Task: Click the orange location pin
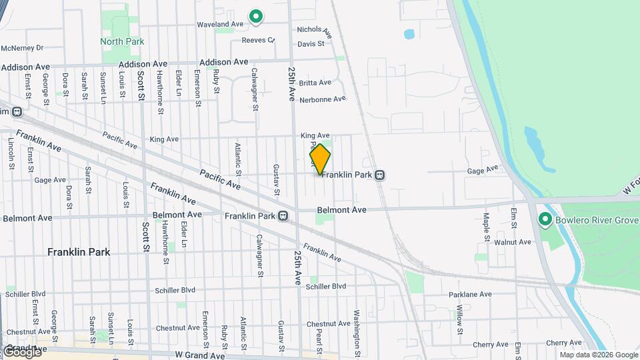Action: coord(320,159)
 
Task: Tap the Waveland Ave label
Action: coord(220,24)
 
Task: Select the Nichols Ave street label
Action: coord(314,30)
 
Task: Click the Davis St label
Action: coord(311,44)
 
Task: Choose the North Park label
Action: coord(121,41)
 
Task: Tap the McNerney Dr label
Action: coord(22,48)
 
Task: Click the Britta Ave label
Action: coord(315,83)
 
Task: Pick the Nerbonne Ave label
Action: coord(323,99)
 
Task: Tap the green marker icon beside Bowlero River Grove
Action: coord(545,219)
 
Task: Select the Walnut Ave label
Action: coord(513,242)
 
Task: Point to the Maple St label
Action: coord(487,227)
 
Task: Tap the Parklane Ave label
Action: coord(470,294)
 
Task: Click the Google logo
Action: coord(22,351)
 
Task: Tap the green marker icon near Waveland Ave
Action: coord(255,16)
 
